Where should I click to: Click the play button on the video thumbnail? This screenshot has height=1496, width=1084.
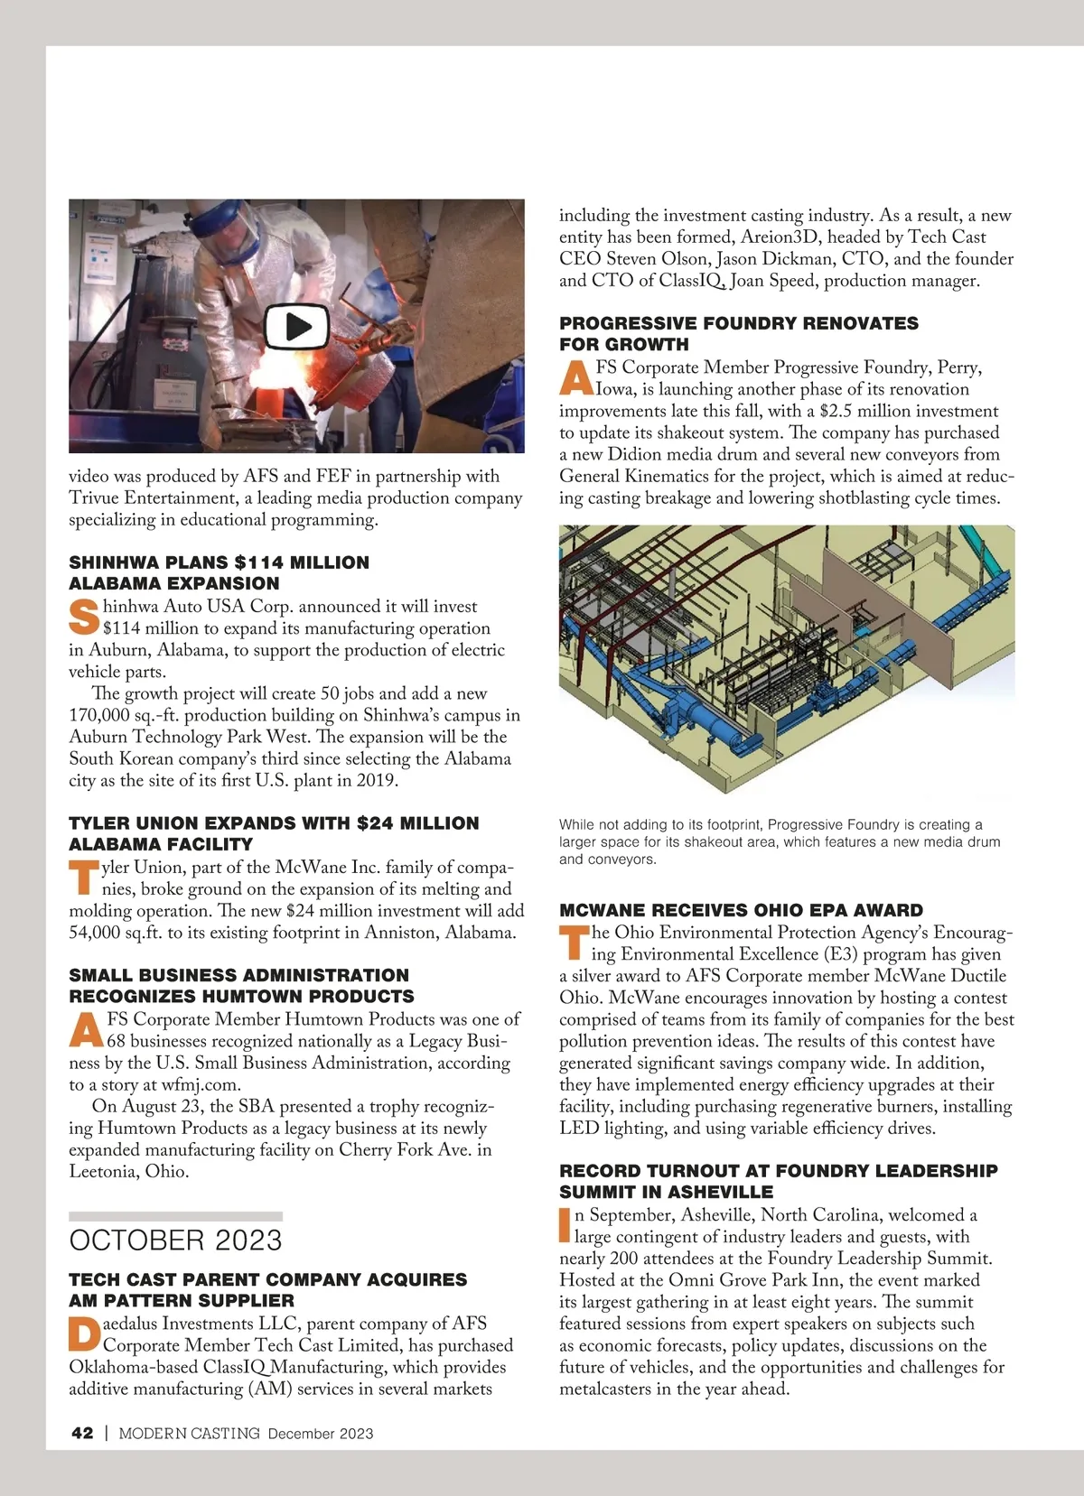click(x=295, y=326)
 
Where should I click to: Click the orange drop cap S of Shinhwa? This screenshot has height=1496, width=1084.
click(x=83, y=617)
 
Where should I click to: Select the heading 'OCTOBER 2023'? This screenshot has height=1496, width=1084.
click(x=175, y=1240)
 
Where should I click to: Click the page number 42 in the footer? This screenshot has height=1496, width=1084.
click(x=82, y=1433)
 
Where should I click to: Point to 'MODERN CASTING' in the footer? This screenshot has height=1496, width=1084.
click(x=190, y=1433)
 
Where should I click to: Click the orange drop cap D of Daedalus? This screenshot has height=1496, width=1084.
click(x=83, y=1334)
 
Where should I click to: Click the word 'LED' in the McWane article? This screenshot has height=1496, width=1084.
click(x=576, y=1128)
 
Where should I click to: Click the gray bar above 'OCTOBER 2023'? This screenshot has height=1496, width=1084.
click(x=175, y=1216)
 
